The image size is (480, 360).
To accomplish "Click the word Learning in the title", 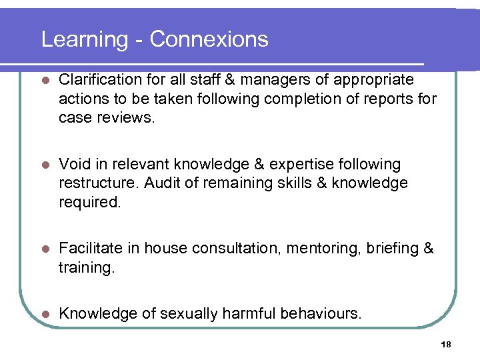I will [85, 39].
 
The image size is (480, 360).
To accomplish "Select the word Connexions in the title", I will [209, 39].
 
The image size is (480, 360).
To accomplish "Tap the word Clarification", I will [100, 80].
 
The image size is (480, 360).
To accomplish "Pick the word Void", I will [72, 164].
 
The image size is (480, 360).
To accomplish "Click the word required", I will [89, 203].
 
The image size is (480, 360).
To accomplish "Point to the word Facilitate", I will [89, 249].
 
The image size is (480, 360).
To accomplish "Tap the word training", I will [85, 268].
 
